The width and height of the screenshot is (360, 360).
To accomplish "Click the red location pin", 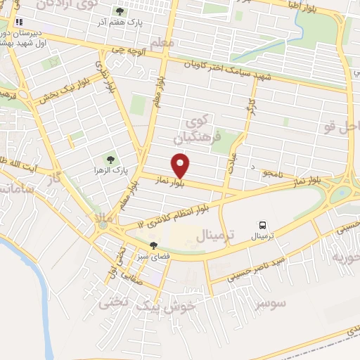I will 181,165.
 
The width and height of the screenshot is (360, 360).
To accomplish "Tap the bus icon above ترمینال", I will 262,226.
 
